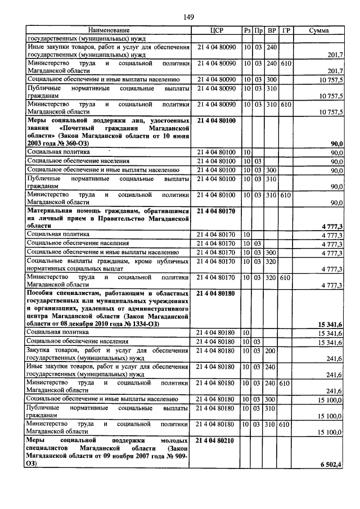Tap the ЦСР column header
[217, 30]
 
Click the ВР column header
[272, 30]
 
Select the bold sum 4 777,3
[332, 226]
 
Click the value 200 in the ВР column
[272, 350]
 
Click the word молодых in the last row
[169, 440]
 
